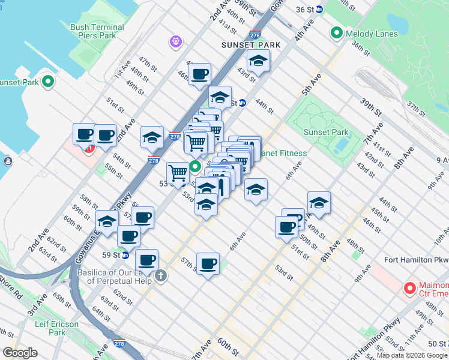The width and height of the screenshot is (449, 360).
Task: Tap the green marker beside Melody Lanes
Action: (x=336, y=33)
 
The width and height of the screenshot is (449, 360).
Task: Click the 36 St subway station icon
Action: (x=319, y=9)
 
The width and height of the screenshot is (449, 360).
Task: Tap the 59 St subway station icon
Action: (x=125, y=255)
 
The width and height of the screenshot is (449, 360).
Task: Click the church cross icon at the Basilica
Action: (x=160, y=276)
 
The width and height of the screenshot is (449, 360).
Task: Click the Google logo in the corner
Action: (x=20, y=353)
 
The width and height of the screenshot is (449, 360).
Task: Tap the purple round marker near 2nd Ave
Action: (x=175, y=41)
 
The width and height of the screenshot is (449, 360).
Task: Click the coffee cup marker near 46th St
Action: (x=199, y=74)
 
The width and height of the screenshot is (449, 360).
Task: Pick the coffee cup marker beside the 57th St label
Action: (x=208, y=263)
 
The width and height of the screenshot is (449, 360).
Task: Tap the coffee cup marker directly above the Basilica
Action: (x=146, y=260)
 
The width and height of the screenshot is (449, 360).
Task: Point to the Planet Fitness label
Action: (x=282, y=153)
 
